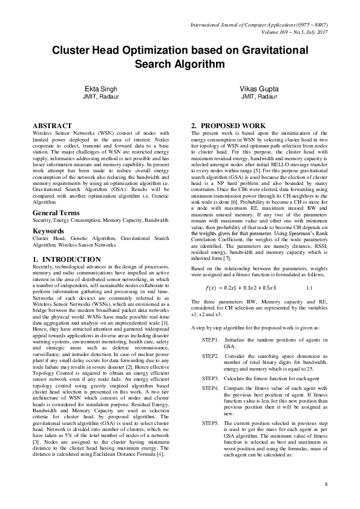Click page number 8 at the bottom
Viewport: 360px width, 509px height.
click(325, 485)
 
